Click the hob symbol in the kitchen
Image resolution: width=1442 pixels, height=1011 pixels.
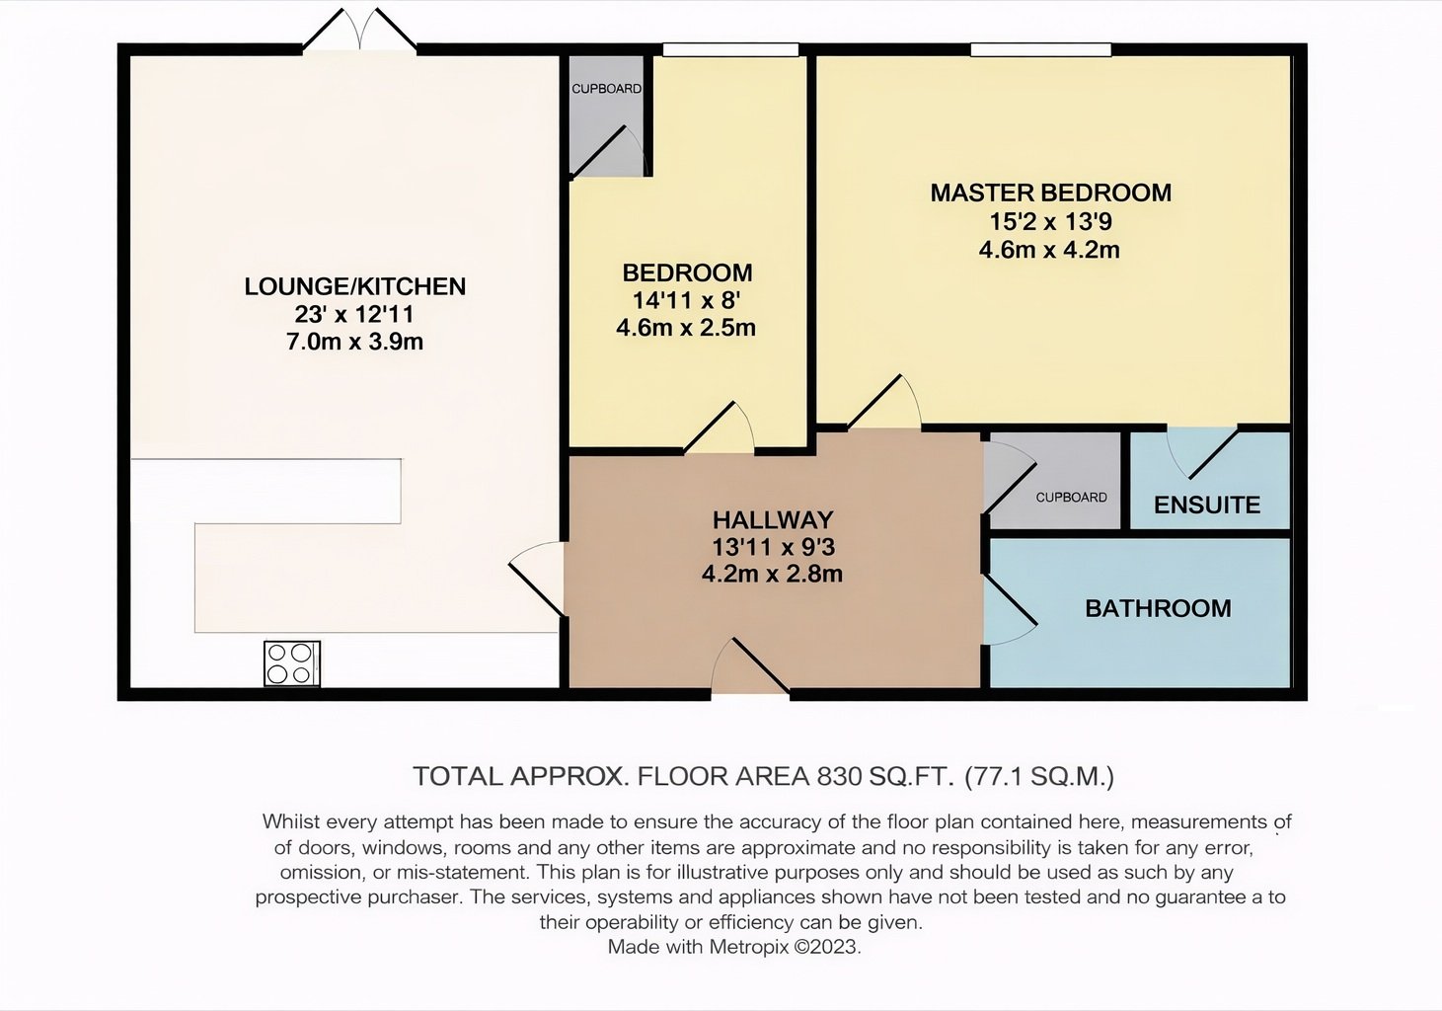point(291,663)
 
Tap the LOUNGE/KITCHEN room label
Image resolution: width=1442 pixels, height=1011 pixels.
point(354,286)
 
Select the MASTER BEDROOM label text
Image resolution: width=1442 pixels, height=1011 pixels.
point(1050,194)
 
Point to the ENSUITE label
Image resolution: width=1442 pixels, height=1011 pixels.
point(1207,505)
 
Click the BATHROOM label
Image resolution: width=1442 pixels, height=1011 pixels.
point(1158,608)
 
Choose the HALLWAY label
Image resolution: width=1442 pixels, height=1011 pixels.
point(773,519)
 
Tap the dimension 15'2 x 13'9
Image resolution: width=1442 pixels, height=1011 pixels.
point(1050,221)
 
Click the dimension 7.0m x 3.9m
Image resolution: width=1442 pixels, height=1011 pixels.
point(354,342)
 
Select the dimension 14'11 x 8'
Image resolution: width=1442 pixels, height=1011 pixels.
point(686,300)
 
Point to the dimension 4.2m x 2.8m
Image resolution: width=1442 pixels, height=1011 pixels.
point(772,574)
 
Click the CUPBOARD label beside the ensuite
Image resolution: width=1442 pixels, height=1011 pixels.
point(1071,498)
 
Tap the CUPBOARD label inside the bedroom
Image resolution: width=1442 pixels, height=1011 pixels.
point(606,89)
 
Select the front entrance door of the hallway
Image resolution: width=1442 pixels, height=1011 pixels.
point(751,666)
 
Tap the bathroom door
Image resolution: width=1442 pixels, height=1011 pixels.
point(1010,609)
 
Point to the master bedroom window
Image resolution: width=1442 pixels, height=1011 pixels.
point(1041,49)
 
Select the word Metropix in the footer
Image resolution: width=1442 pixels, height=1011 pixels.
point(749,947)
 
